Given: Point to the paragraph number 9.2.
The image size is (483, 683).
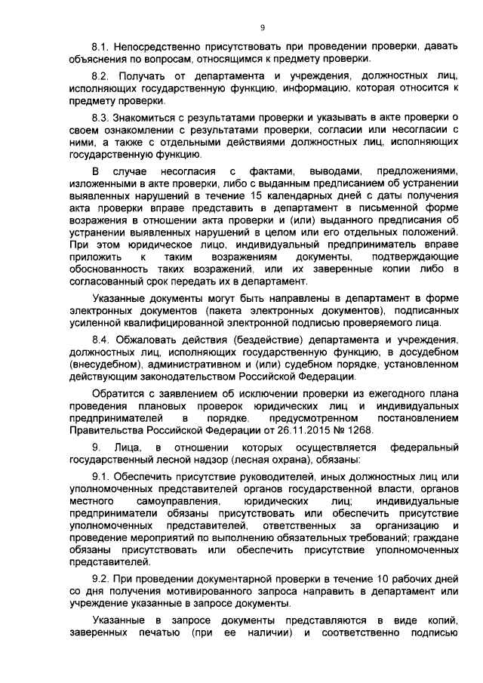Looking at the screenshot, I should point(101,577).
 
